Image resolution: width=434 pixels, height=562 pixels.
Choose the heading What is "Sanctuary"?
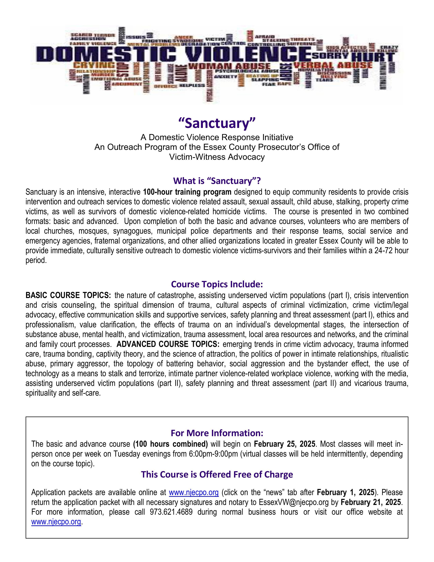217,181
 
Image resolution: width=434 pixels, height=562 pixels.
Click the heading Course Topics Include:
217,284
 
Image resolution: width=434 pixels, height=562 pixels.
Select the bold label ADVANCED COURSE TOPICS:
168,344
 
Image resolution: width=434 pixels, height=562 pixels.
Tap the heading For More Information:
217,433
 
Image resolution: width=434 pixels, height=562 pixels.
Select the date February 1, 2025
345,492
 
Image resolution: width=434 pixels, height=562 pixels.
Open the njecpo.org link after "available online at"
194,492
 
